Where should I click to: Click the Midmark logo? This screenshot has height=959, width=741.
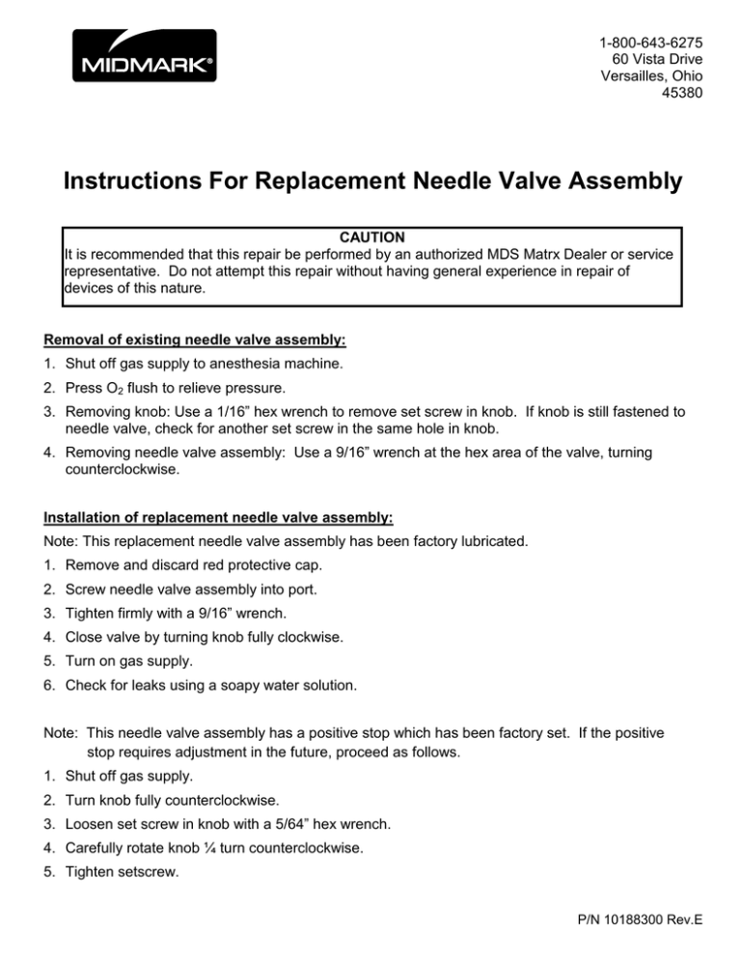point(142,55)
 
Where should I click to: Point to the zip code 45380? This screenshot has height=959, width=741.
point(680,95)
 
